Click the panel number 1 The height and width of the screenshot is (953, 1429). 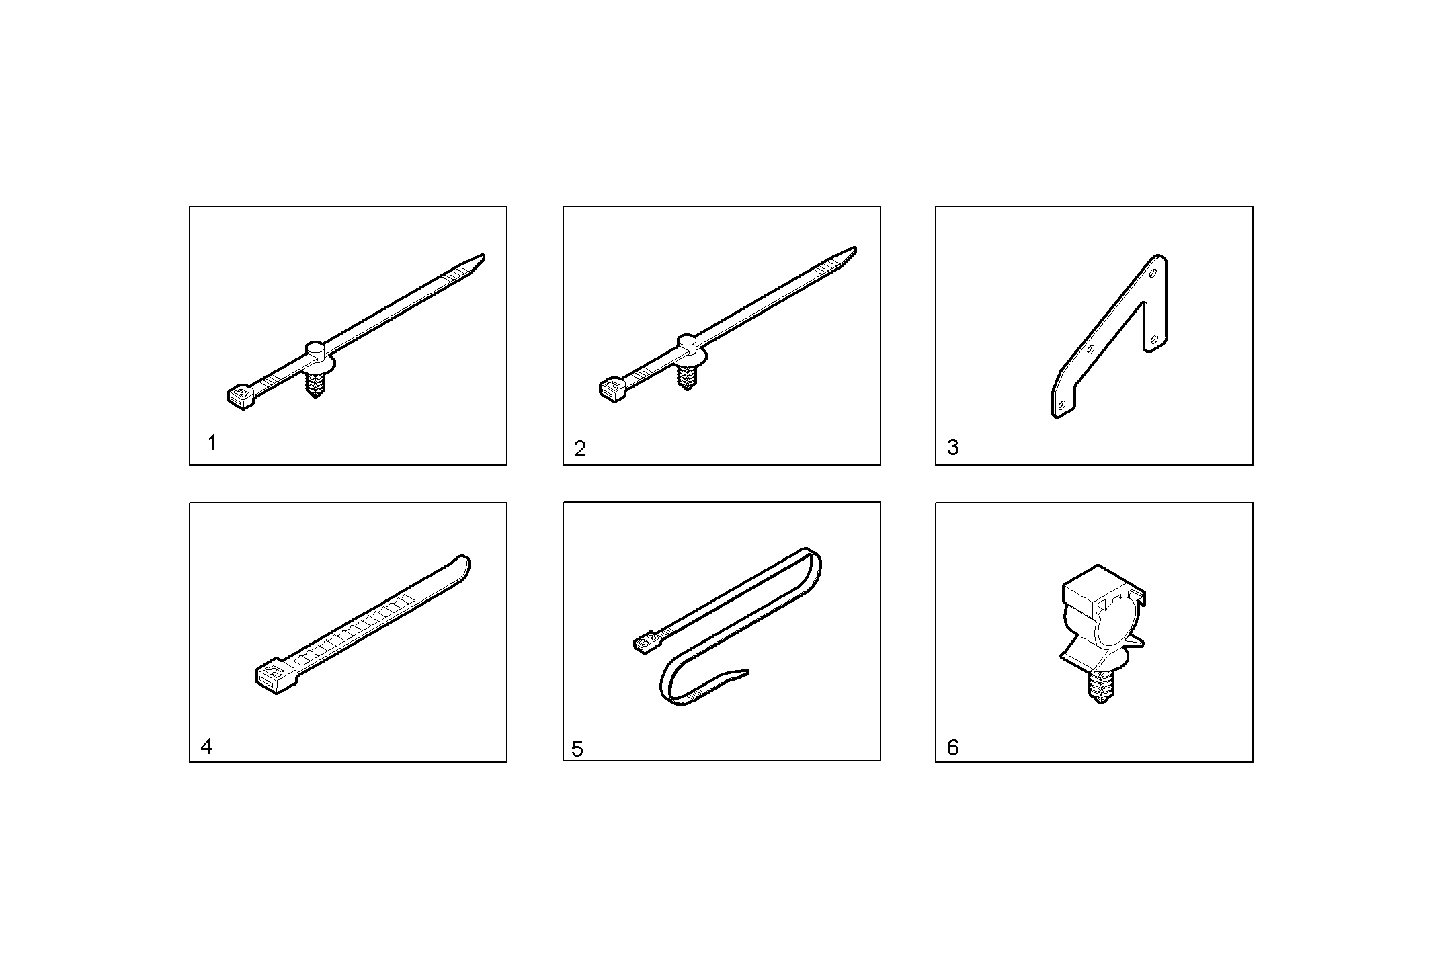click(x=212, y=444)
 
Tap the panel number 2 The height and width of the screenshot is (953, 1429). click(x=580, y=448)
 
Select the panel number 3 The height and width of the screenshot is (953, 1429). click(x=952, y=448)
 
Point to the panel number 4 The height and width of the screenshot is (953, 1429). click(x=207, y=747)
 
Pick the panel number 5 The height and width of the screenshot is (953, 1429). click(x=577, y=749)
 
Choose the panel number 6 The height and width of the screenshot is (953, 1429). click(x=952, y=747)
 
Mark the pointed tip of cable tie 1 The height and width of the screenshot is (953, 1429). click(x=483, y=255)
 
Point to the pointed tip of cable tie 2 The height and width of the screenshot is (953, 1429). click(x=854, y=249)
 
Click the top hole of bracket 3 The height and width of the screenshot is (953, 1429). click(x=1153, y=273)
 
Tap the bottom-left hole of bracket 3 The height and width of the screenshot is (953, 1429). click(x=1062, y=405)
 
